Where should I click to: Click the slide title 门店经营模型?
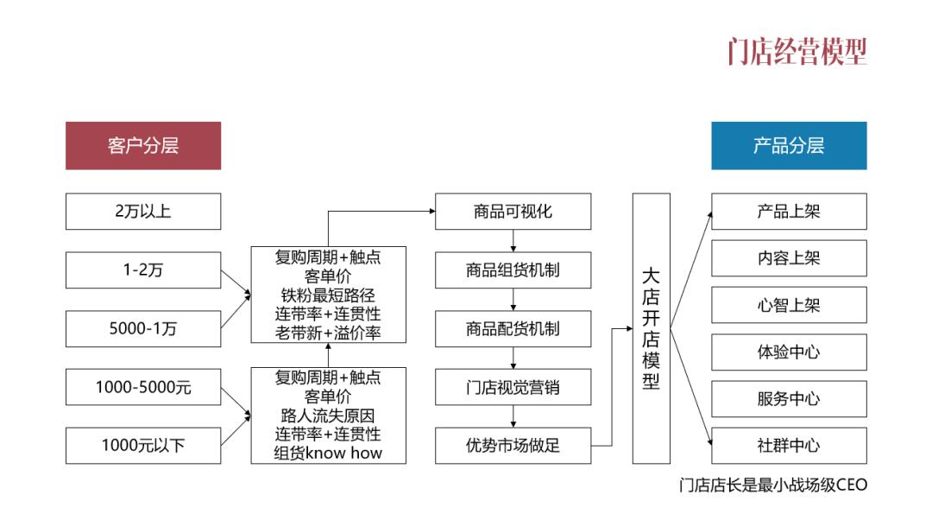(x=796, y=51)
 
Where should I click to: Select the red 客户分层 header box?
(x=143, y=145)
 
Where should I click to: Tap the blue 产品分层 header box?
(x=789, y=145)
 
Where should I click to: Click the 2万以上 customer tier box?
(x=143, y=212)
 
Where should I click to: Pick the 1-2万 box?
(x=143, y=270)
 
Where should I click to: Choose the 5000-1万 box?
(x=143, y=329)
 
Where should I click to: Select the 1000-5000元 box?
(x=143, y=387)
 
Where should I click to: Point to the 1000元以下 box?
(x=143, y=446)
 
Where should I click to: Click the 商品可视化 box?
(x=513, y=212)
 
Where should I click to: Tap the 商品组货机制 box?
(x=513, y=270)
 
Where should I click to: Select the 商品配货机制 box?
(x=513, y=329)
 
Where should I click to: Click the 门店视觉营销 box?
(x=513, y=387)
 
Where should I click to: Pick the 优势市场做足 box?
(x=513, y=446)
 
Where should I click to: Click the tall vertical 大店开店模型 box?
(x=651, y=328)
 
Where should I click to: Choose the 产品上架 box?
(x=789, y=212)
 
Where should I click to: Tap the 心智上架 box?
(x=789, y=305)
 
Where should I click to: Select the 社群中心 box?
(x=789, y=446)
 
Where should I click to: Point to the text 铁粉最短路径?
(x=328, y=295)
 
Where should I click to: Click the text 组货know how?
(x=328, y=453)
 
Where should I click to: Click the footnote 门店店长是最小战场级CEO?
(x=772, y=485)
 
